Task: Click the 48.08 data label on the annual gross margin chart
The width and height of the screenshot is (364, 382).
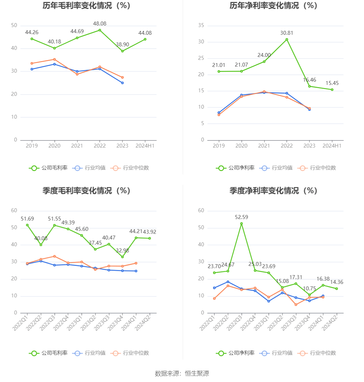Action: (100, 24)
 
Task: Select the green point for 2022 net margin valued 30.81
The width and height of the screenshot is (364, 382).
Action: (287, 40)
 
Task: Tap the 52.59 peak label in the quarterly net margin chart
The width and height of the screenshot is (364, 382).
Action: (241, 217)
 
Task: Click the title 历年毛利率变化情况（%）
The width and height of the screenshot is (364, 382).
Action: (87, 5)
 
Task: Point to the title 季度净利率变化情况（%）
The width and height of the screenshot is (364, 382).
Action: (273, 191)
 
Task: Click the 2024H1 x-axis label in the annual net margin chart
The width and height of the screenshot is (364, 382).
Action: (332, 146)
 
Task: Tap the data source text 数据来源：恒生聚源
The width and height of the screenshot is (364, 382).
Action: (182, 373)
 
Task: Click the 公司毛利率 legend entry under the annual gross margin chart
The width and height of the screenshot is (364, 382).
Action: (48, 168)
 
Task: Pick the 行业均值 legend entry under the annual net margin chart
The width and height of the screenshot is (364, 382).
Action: (277, 168)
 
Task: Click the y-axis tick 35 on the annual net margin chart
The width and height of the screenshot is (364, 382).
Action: (201, 25)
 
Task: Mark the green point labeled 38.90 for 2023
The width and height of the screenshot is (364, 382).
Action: (122, 51)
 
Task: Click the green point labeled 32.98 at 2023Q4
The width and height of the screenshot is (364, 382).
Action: (122, 257)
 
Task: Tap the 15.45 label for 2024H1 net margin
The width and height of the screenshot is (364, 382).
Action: (332, 83)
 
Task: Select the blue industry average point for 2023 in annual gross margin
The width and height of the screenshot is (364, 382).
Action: (122, 83)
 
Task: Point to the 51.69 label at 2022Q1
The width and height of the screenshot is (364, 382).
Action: (27, 219)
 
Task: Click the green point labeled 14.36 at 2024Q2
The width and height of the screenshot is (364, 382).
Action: (337, 289)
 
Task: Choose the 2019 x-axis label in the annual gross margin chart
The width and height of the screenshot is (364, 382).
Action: (32, 146)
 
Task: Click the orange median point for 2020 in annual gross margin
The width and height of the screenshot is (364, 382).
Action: (54, 59)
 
